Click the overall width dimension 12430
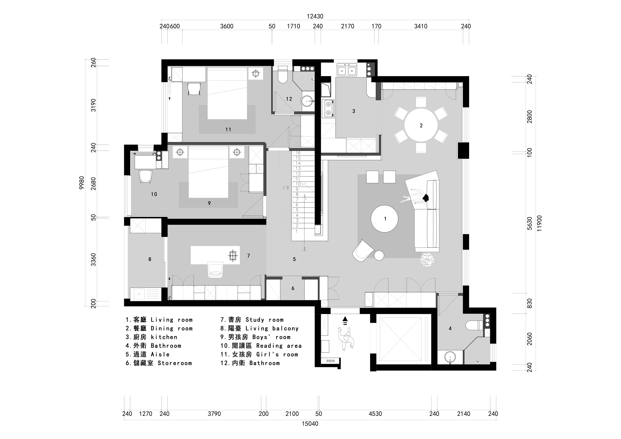click(x=315, y=16)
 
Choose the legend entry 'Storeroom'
click(x=175, y=363)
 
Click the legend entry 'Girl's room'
click(x=277, y=354)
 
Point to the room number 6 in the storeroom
click(x=293, y=288)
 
